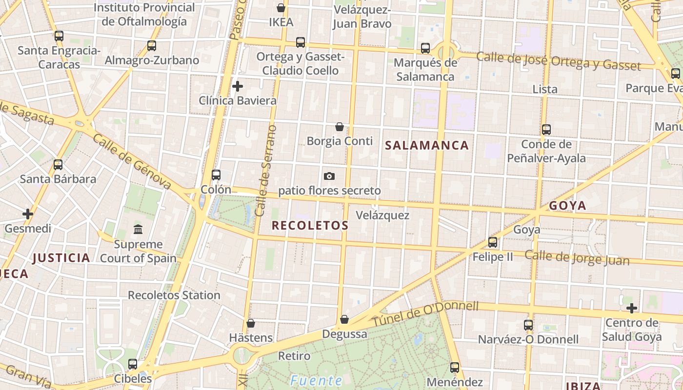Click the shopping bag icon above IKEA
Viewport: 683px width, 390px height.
tap(281, 8)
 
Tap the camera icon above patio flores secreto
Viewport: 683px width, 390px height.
tap(329, 176)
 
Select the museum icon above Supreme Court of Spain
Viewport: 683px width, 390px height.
tap(138, 229)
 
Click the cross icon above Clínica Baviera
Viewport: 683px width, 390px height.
tap(238, 87)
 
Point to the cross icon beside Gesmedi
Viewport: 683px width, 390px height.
tap(28, 214)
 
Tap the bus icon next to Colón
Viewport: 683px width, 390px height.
tap(216, 175)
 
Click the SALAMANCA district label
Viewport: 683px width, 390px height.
tap(427, 145)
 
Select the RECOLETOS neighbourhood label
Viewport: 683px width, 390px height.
tap(310, 225)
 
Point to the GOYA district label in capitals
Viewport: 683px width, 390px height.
tap(567, 206)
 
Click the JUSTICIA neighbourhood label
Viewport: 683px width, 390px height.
tap(61, 258)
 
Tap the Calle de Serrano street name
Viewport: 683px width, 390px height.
tap(266, 171)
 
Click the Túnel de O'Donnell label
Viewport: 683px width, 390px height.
tap(425, 314)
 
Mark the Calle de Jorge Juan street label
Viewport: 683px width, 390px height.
tap(577, 258)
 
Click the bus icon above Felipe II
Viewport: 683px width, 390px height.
tap(493, 242)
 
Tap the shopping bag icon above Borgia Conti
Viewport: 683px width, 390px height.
tap(340, 127)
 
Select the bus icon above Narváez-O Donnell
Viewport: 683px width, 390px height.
tap(528, 325)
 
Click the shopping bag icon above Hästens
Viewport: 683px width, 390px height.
tap(251, 323)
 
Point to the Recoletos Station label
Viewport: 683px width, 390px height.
tap(174, 295)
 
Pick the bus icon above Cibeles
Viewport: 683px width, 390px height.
tap(133, 364)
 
